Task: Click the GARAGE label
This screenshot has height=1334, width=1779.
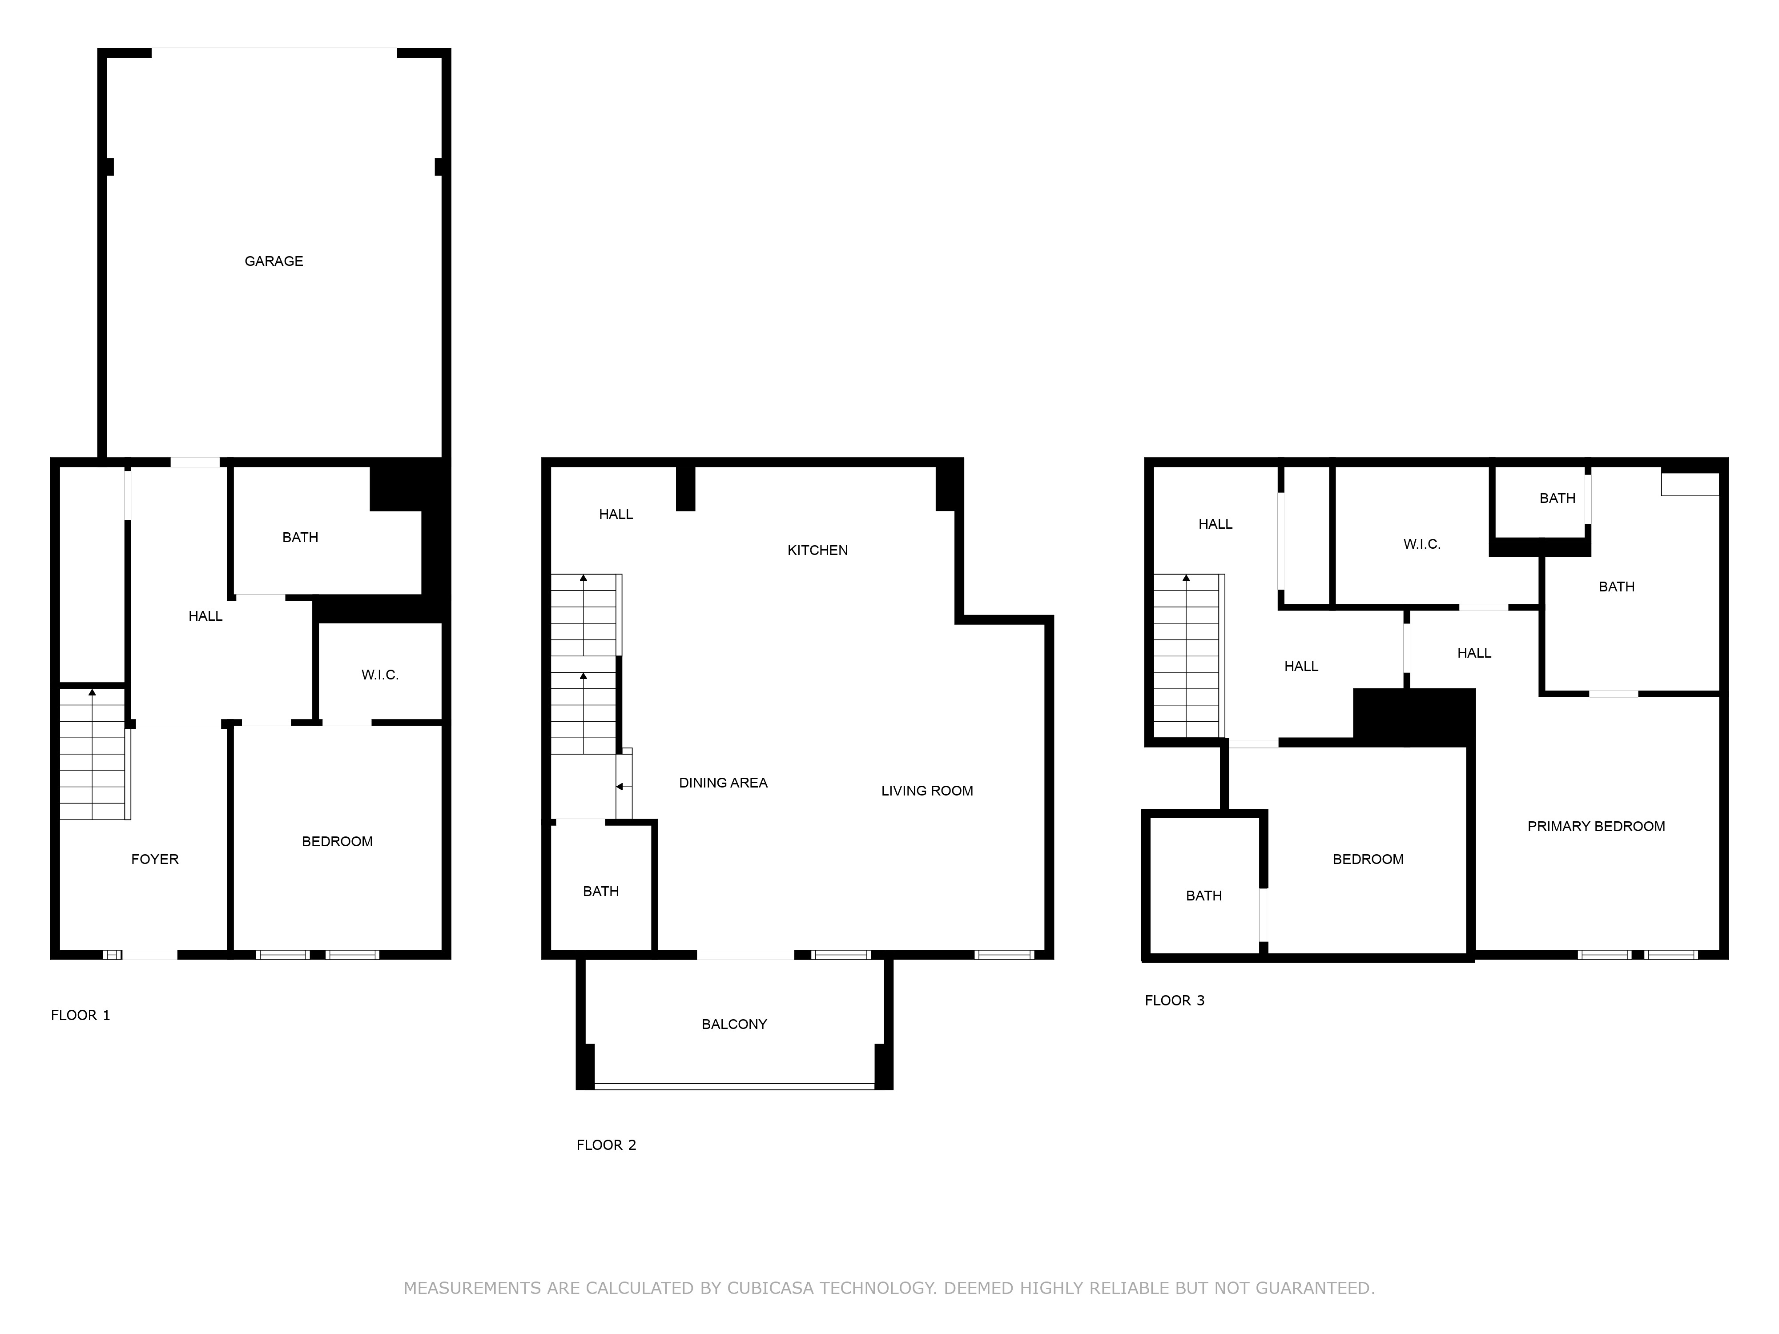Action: tap(274, 261)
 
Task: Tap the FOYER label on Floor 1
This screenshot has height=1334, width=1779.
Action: tap(154, 860)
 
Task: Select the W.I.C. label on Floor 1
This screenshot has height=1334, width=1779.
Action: tap(380, 675)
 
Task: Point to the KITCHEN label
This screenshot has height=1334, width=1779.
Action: tap(817, 550)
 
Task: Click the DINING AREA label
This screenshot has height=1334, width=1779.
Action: tap(723, 782)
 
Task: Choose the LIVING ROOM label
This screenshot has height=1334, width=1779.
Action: tap(926, 791)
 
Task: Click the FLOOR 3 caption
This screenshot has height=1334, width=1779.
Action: tap(1174, 1000)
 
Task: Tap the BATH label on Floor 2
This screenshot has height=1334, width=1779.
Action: tap(601, 891)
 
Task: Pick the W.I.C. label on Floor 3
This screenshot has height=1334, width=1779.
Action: tap(1422, 544)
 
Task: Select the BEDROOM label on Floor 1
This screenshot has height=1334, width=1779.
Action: tap(337, 842)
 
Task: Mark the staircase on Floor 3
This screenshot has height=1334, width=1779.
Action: tap(1188, 655)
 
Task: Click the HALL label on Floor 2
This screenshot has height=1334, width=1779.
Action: tap(616, 514)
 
